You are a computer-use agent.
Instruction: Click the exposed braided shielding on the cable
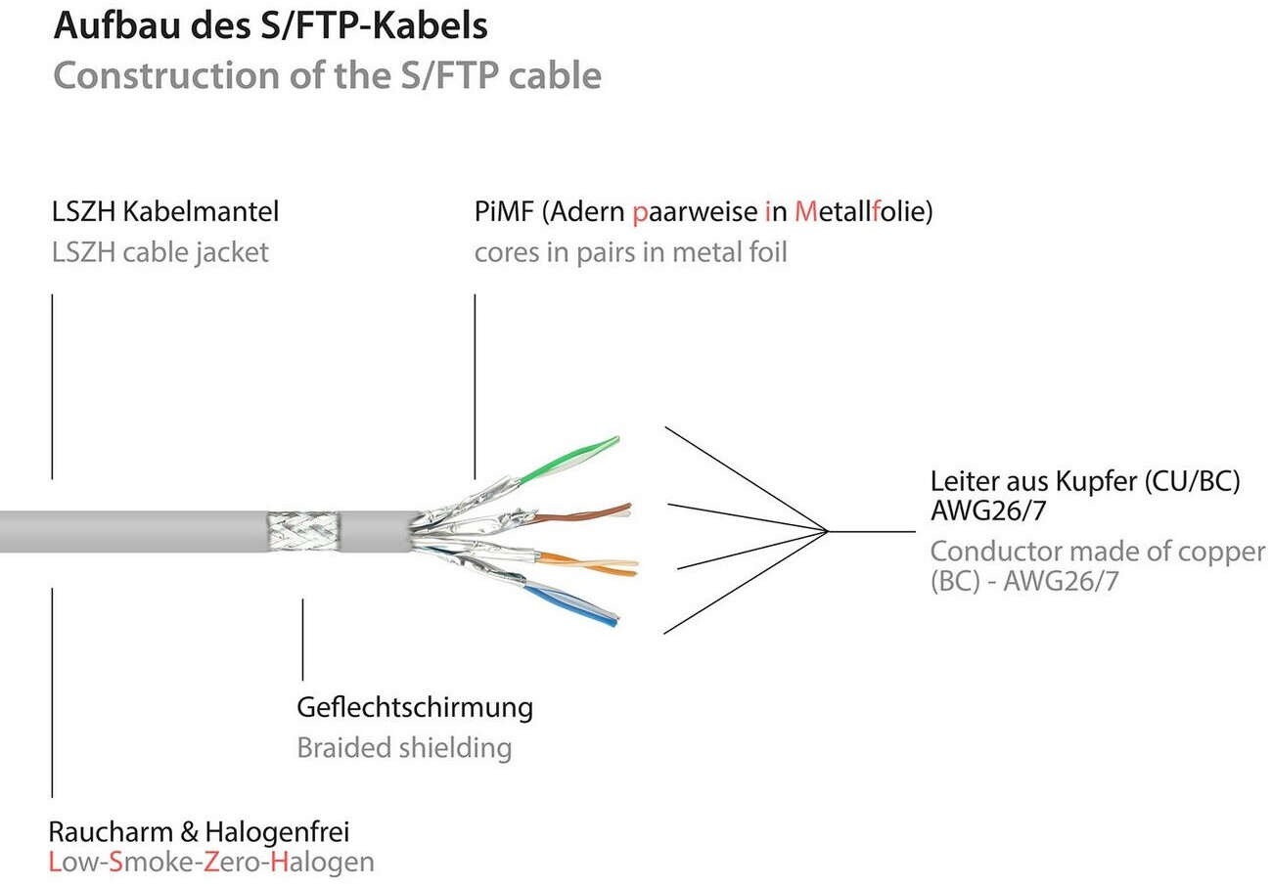[x=303, y=532]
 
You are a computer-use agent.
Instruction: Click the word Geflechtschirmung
[x=414, y=706]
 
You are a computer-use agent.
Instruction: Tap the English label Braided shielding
[x=403, y=748]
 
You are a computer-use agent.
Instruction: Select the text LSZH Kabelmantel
[x=164, y=210]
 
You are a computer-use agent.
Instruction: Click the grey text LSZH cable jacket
[x=159, y=252]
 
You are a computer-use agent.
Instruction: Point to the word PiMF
[x=504, y=210]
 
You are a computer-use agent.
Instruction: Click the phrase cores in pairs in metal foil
[x=630, y=252]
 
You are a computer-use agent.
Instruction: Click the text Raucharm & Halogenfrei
[x=199, y=832]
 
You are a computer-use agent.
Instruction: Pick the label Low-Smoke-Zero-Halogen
[x=210, y=863]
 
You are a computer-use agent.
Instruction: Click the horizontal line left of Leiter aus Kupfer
[x=871, y=531]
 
